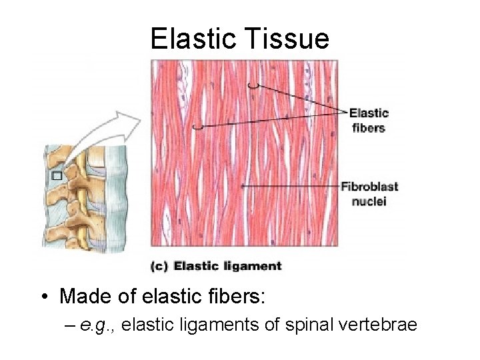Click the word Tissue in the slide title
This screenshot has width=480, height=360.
pos(289,39)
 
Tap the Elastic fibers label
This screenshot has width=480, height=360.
pos(368,120)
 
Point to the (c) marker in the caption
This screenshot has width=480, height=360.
pos(159,266)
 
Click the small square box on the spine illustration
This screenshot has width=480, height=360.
pos(56,176)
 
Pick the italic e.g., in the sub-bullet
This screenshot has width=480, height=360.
pos(98,325)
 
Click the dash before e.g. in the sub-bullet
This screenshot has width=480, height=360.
pos(72,325)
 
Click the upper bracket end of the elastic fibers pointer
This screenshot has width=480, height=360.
pos(253,85)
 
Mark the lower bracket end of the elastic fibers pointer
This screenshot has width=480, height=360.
pos(197,125)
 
